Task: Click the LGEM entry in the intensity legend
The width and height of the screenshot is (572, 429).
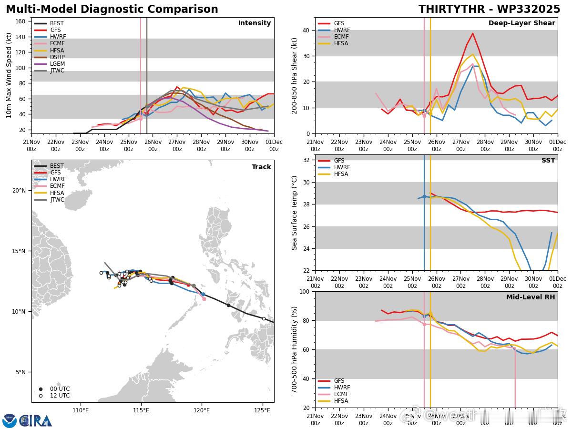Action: point(57,64)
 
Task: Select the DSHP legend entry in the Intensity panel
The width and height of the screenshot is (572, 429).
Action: point(57,57)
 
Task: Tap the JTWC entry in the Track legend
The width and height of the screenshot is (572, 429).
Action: point(57,200)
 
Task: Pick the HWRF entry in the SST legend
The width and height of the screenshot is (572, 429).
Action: point(342,167)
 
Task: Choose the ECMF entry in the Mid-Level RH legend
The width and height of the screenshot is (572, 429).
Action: point(341,394)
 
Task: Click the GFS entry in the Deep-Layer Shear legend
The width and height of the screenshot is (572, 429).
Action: point(339,23)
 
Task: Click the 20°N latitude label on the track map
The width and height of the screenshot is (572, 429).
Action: point(19,191)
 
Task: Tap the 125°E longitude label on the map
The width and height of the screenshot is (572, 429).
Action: point(263,411)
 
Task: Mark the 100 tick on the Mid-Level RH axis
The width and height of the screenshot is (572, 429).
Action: point(305,291)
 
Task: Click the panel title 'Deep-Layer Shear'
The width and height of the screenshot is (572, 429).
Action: point(521,23)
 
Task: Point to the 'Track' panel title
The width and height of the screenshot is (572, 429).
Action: point(261,167)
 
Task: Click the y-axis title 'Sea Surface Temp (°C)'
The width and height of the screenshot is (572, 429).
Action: point(295,213)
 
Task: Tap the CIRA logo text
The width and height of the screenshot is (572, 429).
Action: point(36,420)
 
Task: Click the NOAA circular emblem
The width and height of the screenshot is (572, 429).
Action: point(10,420)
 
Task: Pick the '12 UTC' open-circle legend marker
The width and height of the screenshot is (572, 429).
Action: point(41,396)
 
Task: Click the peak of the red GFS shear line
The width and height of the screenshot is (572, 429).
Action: point(472,33)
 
